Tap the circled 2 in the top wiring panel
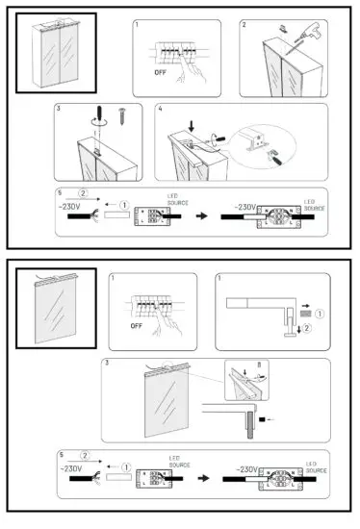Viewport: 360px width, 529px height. [84, 195]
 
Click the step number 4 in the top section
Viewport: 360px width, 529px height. [160, 109]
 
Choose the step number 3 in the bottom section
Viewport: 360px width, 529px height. [105, 365]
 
